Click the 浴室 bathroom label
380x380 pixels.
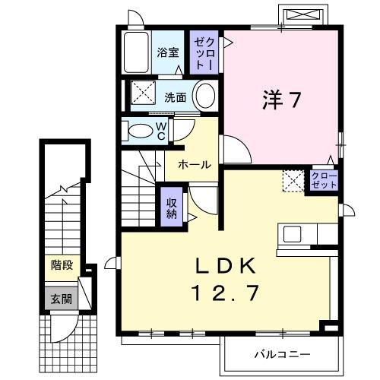click(168, 53)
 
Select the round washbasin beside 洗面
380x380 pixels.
click(204, 97)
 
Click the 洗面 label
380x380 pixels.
click(174, 97)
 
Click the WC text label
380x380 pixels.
click(161, 131)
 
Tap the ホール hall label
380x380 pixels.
click(195, 164)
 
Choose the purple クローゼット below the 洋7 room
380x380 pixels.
click(324, 181)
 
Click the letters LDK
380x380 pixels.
click(227, 267)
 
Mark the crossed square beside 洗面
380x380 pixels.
click(142, 97)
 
